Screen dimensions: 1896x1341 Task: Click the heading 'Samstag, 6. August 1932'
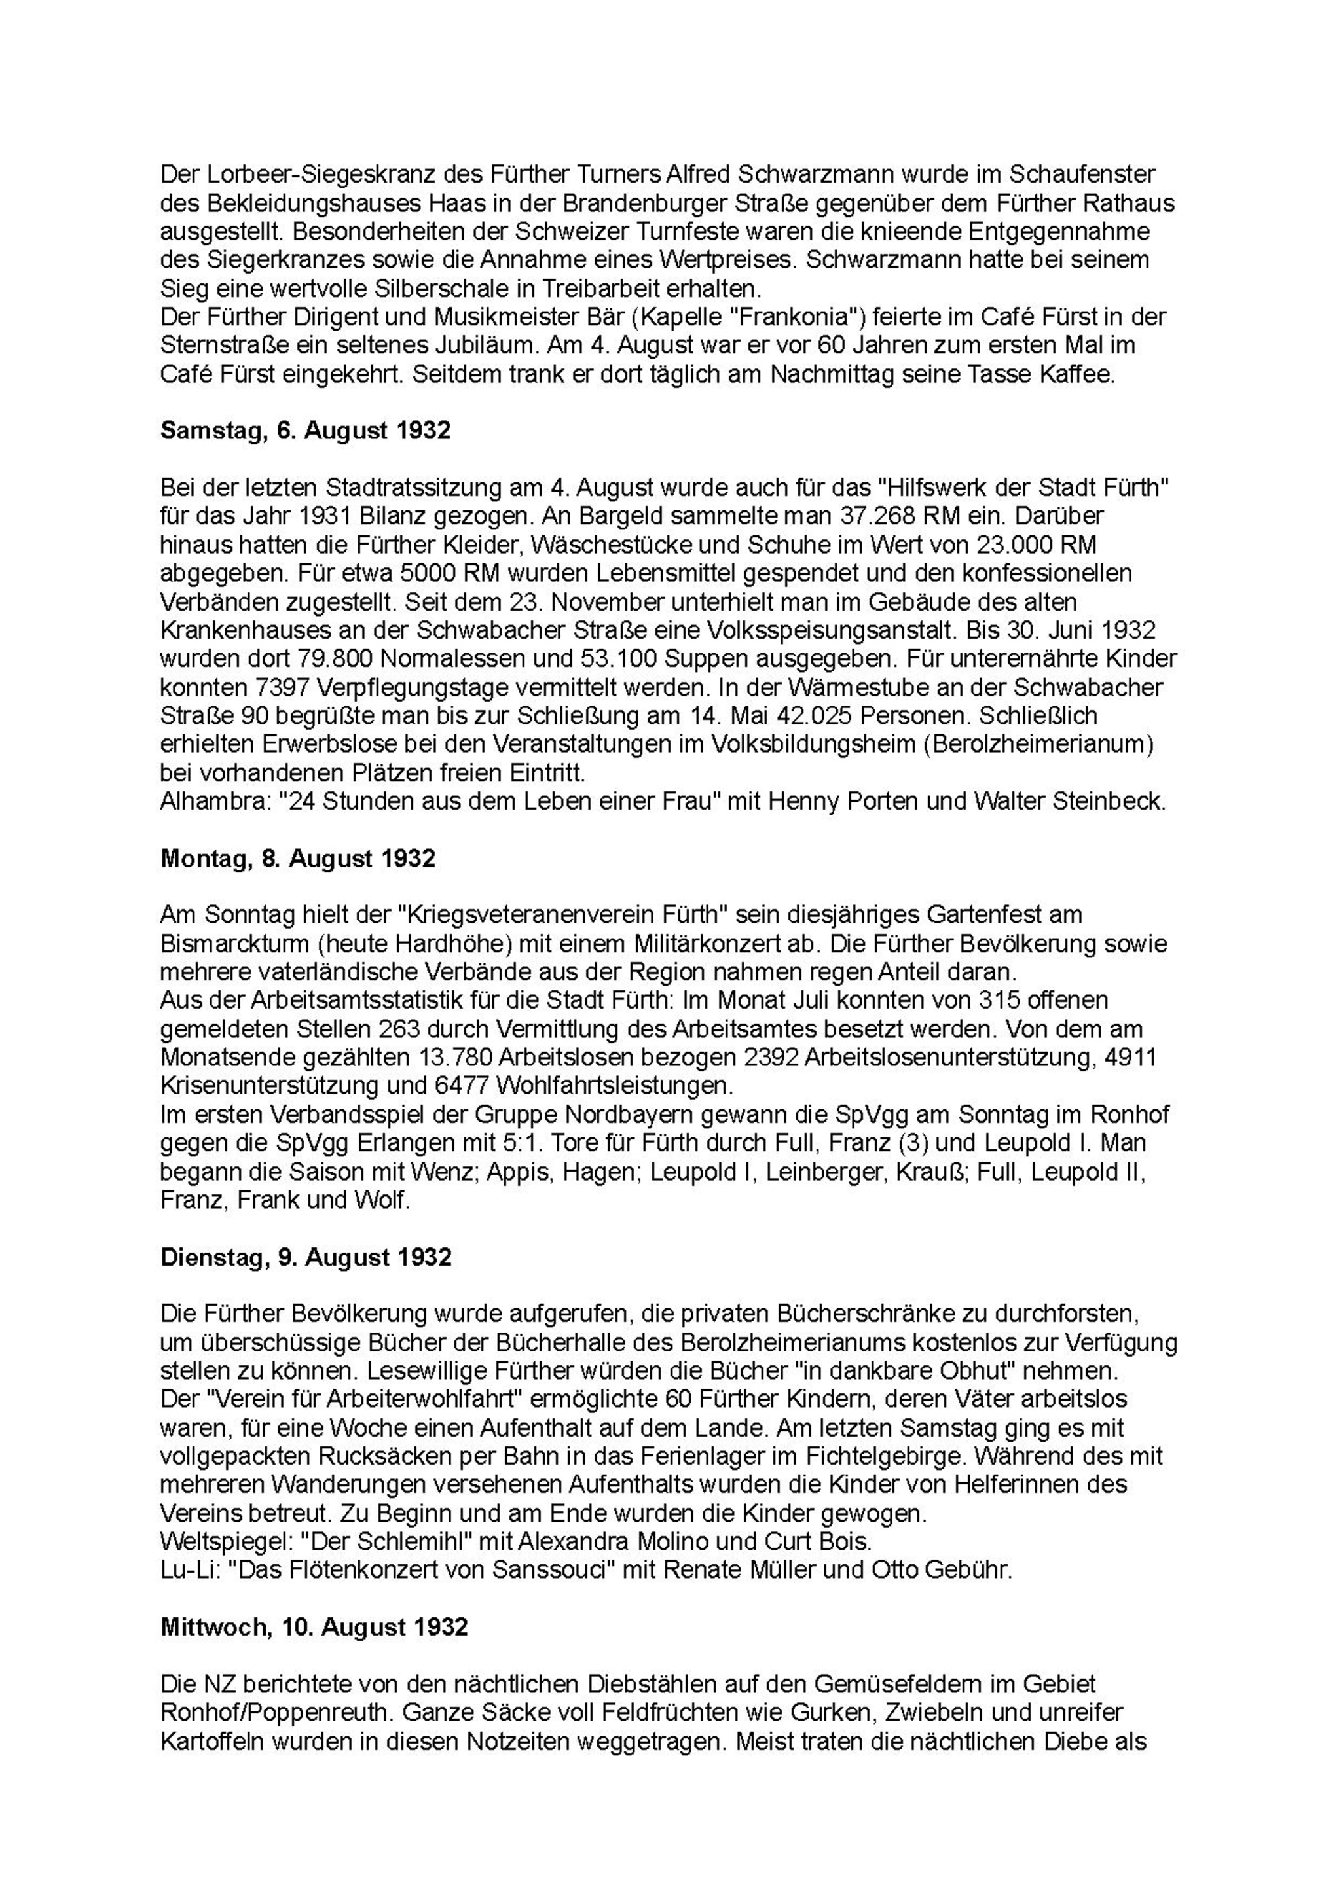pos(305,431)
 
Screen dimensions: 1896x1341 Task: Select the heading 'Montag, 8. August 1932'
pos(297,859)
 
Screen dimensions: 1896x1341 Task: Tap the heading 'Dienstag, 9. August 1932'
pos(306,1258)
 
